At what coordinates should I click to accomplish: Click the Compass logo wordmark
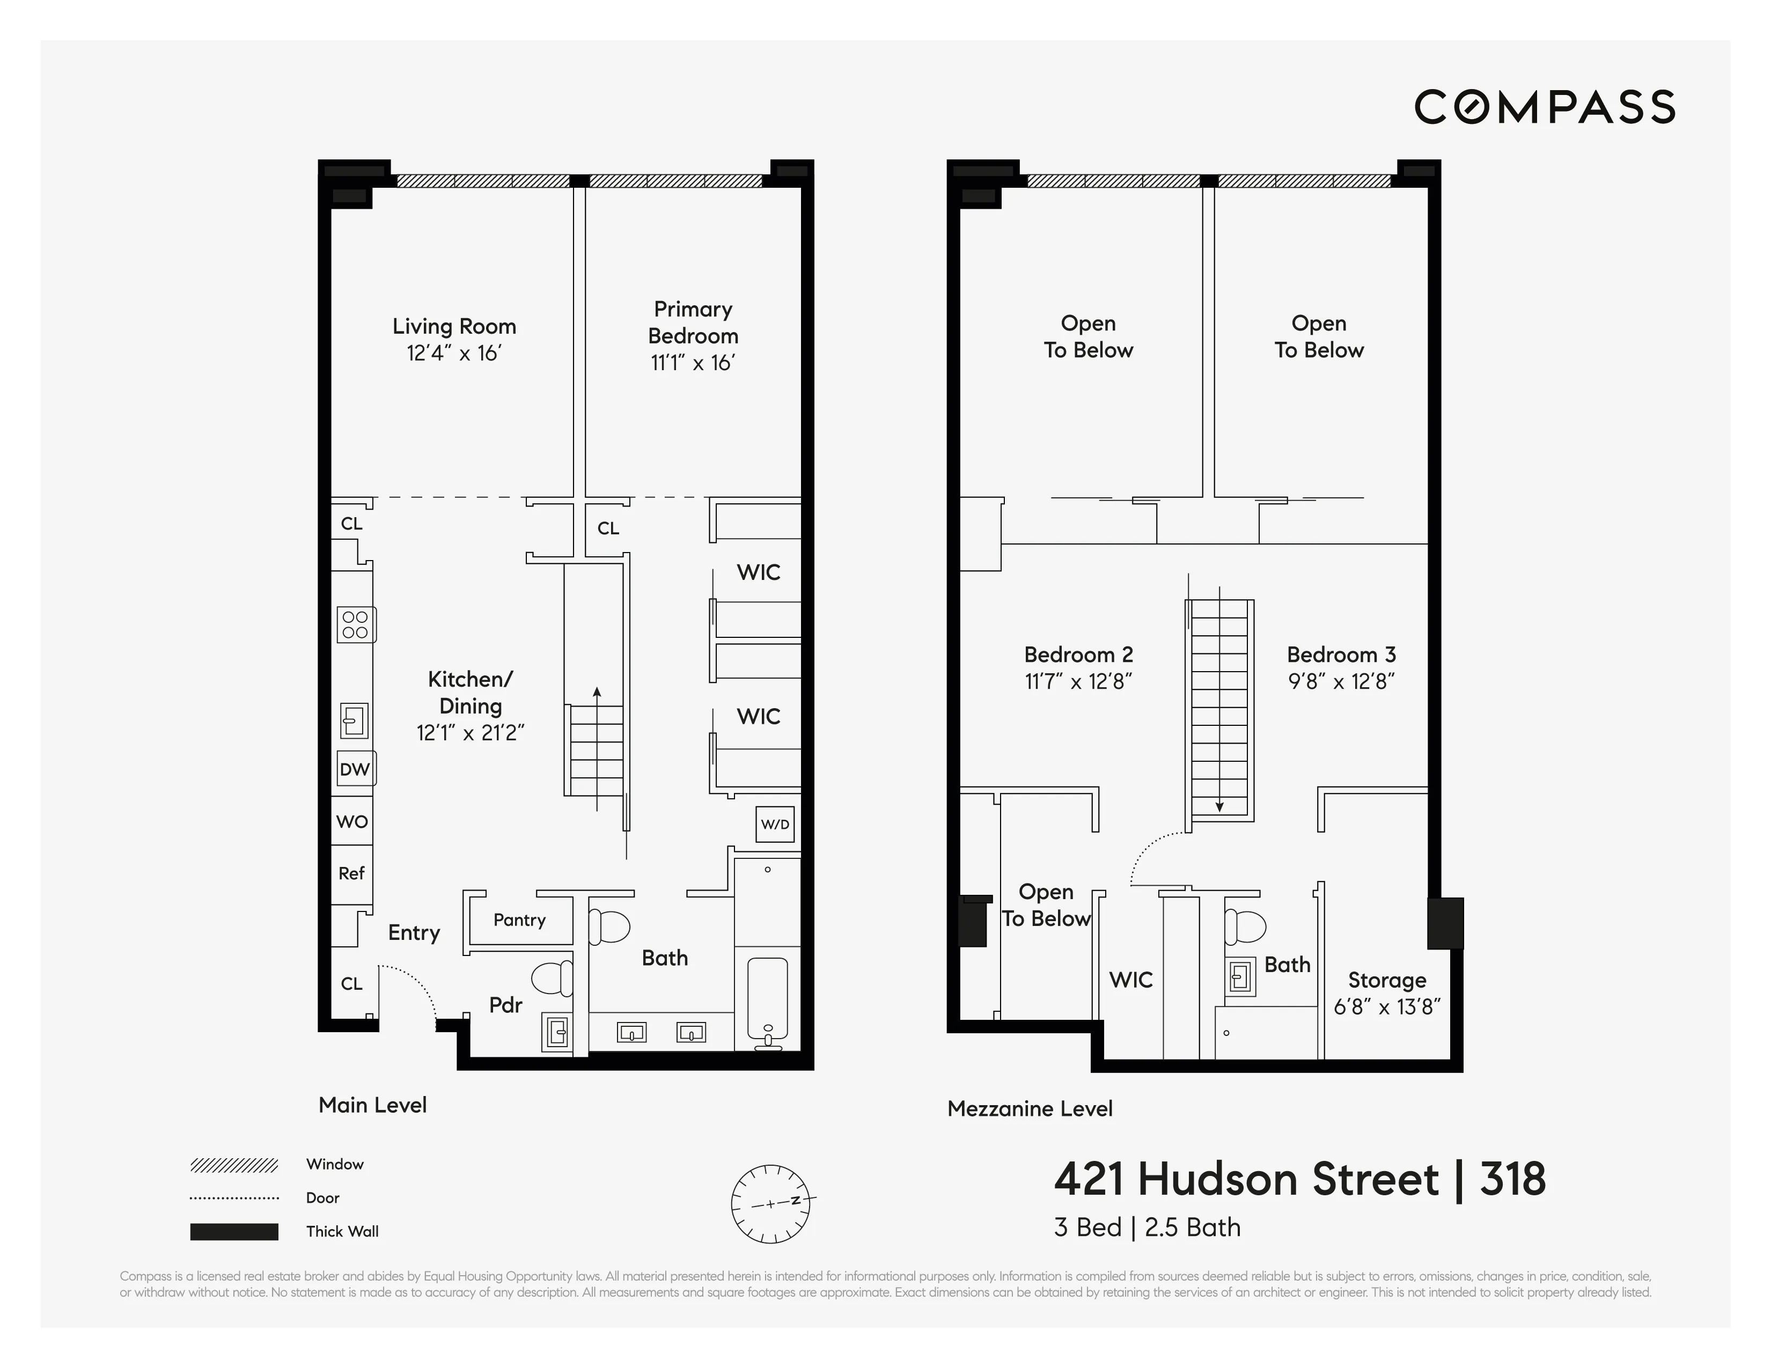(x=1544, y=107)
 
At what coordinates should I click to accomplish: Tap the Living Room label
(x=454, y=326)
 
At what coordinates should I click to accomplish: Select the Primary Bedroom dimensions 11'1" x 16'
(x=693, y=363)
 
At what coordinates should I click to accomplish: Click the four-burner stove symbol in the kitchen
(x=355, y=624)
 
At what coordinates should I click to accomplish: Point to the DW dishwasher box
(x=355, y=769)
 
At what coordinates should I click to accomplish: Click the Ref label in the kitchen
(x=351, y=873)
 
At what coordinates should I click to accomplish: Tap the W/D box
(x=774, y=825)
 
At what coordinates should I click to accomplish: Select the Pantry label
(x=519, y=920)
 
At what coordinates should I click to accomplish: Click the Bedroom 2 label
(x=1078, y=654)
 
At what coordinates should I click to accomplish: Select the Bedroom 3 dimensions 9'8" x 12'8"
(x=1341, y=682)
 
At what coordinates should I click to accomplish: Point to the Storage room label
(x=1387, y=980)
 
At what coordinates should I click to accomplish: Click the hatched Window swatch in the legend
(x=233, y=1165)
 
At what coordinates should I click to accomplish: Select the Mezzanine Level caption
(x=1030, y=1108)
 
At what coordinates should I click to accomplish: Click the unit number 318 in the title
(x=1512, y=1179)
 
